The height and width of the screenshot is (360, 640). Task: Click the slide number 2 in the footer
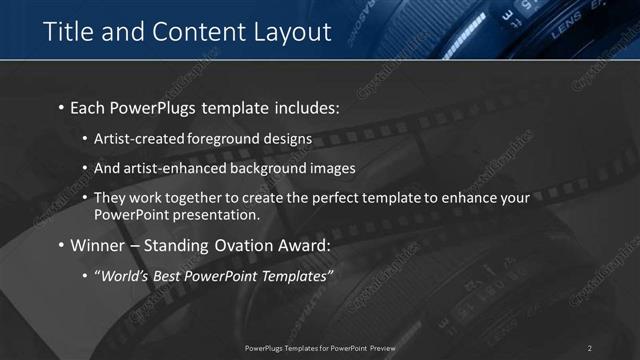(589, 348)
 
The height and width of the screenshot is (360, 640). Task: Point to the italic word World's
(123, 276)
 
